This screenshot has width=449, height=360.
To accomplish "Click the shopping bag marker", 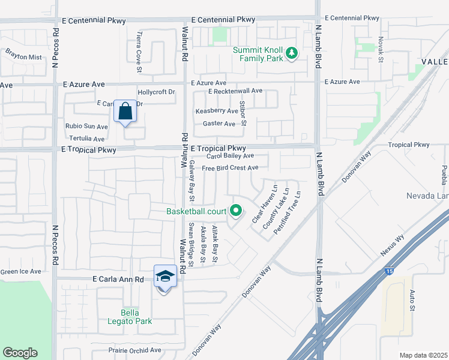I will (125, 112).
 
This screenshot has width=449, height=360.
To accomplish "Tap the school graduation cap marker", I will (165, 277).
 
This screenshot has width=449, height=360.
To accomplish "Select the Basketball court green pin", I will (236, 211).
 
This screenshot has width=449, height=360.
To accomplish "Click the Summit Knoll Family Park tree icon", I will (292, 53).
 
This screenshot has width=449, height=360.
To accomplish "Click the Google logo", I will (20, 353).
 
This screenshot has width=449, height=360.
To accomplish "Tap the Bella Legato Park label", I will (134, 317).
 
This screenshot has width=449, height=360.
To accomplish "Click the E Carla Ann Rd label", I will (118, 280).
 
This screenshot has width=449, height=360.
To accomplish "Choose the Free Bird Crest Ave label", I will (230, 168).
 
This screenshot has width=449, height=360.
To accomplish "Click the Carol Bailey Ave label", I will (230, 156).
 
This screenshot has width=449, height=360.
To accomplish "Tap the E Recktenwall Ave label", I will (235, 91).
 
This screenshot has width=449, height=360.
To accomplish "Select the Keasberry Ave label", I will (217, 111).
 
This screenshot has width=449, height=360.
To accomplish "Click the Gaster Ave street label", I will (219, 124).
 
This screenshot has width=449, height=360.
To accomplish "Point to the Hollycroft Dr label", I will (156, 92).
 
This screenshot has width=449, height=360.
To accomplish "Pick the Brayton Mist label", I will (23, 58).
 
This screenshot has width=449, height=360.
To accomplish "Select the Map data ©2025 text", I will (424, 355).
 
